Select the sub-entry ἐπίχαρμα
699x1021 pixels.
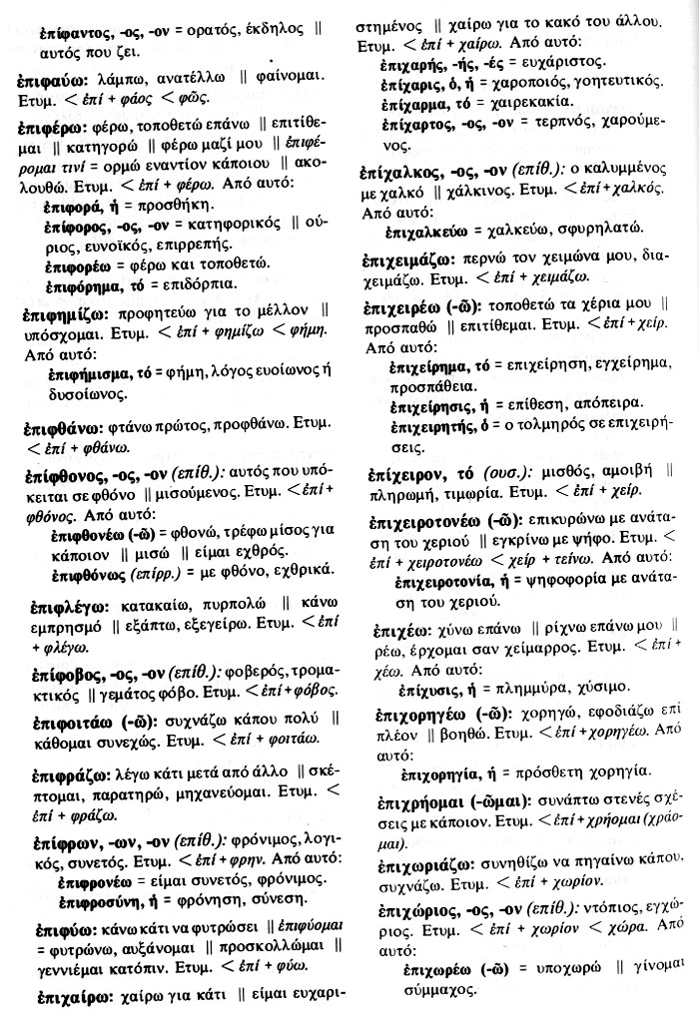[x=424, y=102]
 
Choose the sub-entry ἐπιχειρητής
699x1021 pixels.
[x=437, y=424]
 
